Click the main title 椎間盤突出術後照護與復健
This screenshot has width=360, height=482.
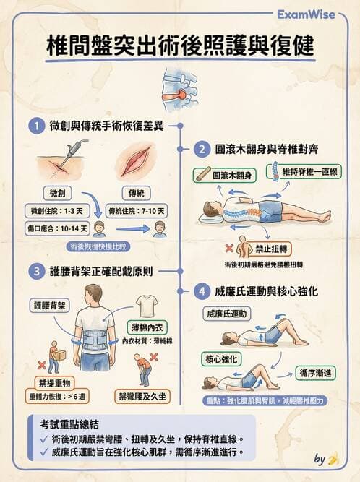(179, 45)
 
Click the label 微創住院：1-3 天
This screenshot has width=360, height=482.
(57, 212)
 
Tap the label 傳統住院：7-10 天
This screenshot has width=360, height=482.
(136, 212)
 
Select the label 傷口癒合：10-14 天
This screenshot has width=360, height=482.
(57, 229)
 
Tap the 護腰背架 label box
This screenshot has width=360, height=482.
(49, 305)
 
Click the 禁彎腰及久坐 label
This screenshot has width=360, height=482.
(144, 396)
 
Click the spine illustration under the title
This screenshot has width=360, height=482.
(179, 85)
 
